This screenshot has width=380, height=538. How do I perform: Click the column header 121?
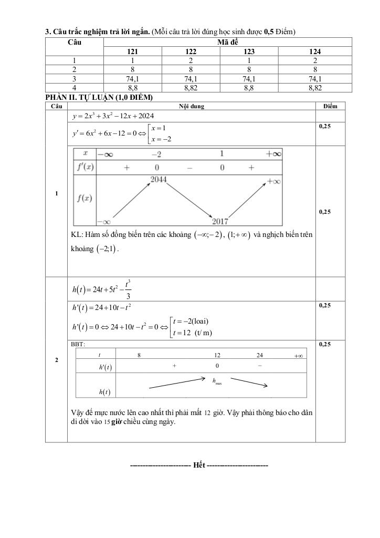133,51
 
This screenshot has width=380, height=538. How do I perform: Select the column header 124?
315,51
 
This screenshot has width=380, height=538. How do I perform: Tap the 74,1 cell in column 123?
249,79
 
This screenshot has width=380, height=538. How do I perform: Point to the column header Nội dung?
191,106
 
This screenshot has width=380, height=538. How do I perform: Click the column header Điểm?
330,106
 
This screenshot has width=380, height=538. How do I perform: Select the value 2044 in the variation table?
159,179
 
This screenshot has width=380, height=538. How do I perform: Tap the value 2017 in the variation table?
220,220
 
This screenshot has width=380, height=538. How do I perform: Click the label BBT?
78,344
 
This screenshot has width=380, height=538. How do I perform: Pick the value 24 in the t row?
260,355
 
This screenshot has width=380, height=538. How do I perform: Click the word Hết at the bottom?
199,465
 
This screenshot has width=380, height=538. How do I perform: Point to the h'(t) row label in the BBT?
107,367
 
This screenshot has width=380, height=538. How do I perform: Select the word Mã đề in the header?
227,42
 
